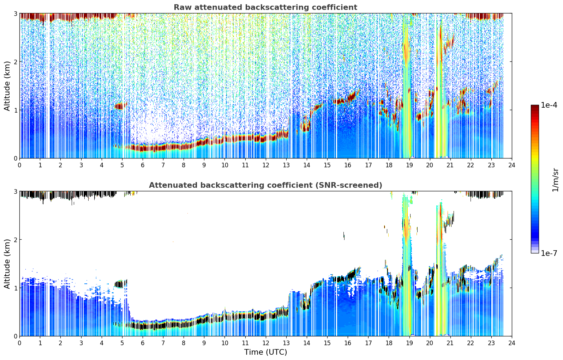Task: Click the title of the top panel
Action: pos(265,7)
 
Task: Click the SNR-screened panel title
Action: pos(265,185)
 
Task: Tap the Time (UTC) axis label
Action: pos(265,352)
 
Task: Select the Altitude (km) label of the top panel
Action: pos(7,86)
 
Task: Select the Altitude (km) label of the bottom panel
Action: pos(7,264)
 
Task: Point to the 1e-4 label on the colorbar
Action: pos(549,105)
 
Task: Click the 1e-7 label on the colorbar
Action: pos(549,253)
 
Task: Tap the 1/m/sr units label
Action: pos(555,180)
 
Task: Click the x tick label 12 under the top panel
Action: pos(266,165)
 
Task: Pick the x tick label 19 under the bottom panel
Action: pos(409,343)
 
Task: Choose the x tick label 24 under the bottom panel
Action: pos(512,343)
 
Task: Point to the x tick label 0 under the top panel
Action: pos(20,165)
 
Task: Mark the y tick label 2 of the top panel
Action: pos(15,62)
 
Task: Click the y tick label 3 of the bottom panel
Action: pos(15,191)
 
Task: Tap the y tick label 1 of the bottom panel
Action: pos(15,288)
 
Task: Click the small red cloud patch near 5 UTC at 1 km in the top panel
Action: pos(121,106)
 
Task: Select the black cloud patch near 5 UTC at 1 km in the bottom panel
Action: pos(121,284)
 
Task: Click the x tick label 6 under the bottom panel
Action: pos(143,343)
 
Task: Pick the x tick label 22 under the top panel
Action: pos(471,165)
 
